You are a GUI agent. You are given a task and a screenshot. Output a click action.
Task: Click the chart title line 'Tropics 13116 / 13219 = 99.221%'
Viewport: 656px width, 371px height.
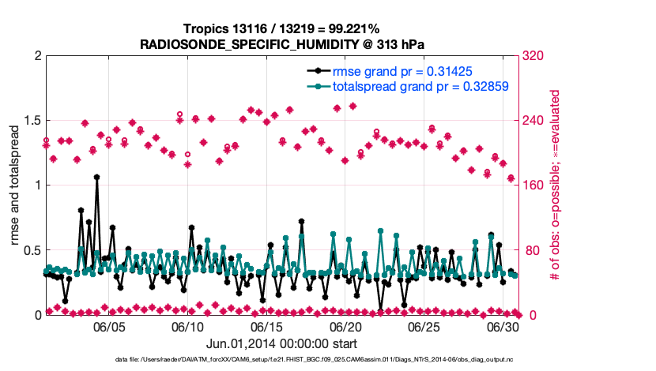pos(282,29)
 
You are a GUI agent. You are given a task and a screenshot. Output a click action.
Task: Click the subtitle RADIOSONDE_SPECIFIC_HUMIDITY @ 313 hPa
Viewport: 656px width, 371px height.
pos(282,44)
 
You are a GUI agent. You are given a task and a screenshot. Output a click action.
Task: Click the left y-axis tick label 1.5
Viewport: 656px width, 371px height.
pos(31,121)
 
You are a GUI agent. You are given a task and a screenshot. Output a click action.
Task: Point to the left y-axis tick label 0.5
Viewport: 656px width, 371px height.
pos(31,250)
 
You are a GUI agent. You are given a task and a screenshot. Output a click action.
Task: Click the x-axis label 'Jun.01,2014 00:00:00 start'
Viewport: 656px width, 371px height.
pos(281,343)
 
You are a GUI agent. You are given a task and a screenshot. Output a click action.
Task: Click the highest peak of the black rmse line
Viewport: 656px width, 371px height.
pos(96,178)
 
